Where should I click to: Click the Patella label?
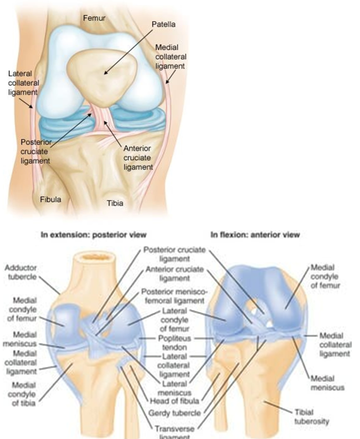coord(163,24)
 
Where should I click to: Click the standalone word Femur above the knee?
coord(94,17)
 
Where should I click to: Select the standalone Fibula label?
coord(51,199)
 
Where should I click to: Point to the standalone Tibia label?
coord(115,203)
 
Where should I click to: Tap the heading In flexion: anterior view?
coord(255,235)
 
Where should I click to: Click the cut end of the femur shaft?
coord(94,258)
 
